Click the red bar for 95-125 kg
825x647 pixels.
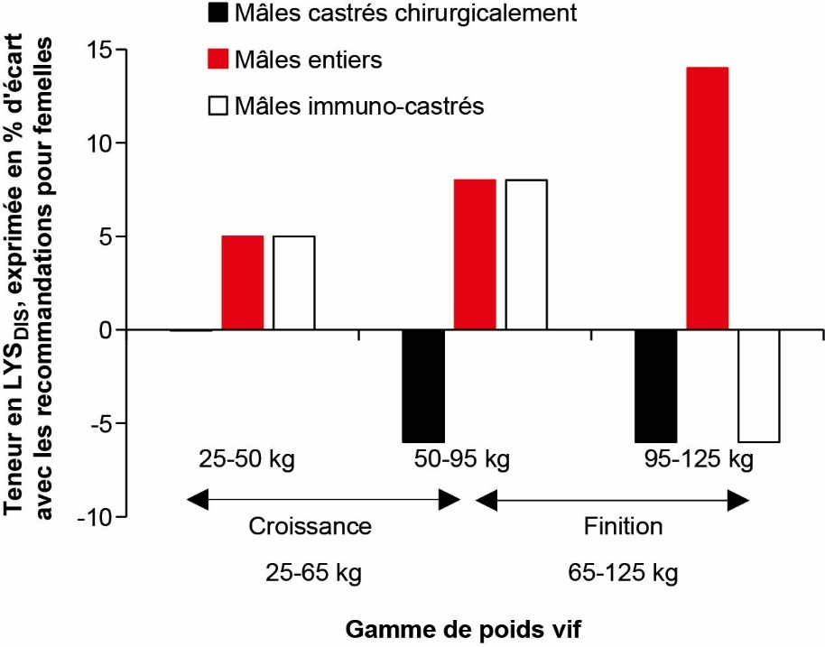point(707,199)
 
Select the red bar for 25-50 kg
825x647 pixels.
point(243,282)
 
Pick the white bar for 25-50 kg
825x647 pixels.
point(294,282)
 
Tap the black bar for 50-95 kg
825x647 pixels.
point(423,386)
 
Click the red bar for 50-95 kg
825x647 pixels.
point(475,254)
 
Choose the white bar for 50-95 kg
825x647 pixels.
point(526,254)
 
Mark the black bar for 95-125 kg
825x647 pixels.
point(655,386)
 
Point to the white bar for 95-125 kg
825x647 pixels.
point(758,386)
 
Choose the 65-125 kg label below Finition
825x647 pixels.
point(623,573)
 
